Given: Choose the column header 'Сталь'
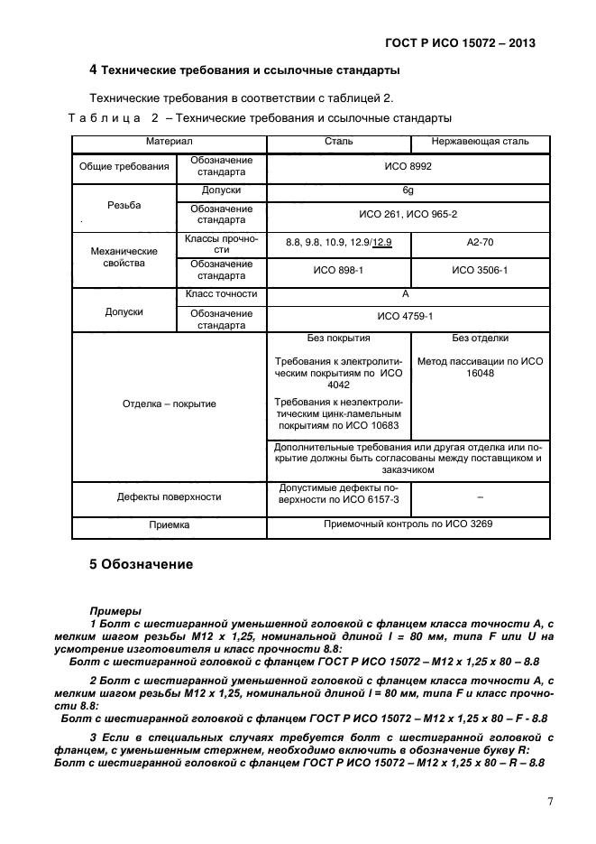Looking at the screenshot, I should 339,142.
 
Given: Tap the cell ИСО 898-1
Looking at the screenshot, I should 338,270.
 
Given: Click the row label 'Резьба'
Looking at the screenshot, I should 124,206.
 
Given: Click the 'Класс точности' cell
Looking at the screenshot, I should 221,293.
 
